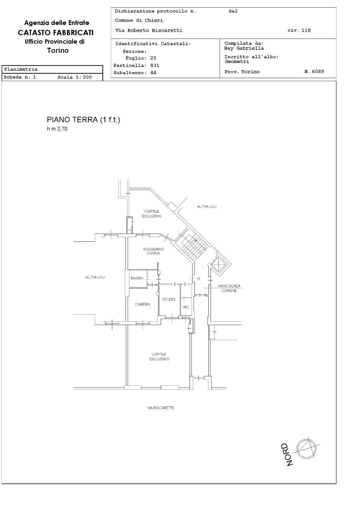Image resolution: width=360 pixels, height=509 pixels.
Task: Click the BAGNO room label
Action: [x=137, y=278]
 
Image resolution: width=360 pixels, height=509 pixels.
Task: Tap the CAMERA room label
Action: [x=142, y=304]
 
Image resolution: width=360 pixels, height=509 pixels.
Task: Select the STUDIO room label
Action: [x=169, y=299]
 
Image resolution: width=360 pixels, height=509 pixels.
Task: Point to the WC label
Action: [x=186, y=307]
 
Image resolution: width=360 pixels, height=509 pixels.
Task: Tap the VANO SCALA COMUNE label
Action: [x=229, y=288]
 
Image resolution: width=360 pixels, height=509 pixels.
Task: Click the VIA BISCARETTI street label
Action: [x=160, y=408]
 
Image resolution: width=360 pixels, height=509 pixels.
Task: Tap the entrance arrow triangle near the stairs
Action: [x=198, y=279]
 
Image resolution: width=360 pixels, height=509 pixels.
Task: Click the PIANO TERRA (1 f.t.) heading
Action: [x=83, y=120]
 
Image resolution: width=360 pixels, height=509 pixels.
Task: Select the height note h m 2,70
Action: [x=57, y=129]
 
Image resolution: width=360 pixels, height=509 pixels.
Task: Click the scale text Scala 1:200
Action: [x=75, y=77]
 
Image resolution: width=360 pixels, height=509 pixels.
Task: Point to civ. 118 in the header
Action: [x=299, y=31]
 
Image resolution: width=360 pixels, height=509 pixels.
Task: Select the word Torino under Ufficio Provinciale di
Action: [x=58, y=51]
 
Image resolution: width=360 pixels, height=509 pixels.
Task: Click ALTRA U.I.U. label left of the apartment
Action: [x=96, y=277]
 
